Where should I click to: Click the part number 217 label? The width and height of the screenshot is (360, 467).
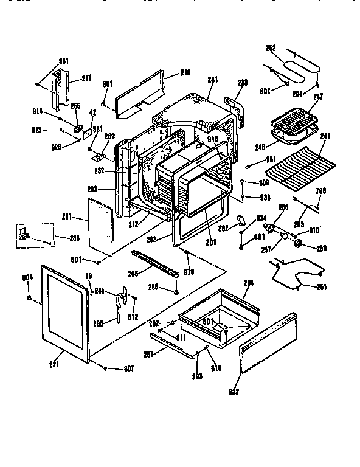point(86,78)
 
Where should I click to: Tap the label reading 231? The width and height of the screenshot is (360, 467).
point(212,79)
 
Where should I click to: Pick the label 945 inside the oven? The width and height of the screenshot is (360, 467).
point(212,139)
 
